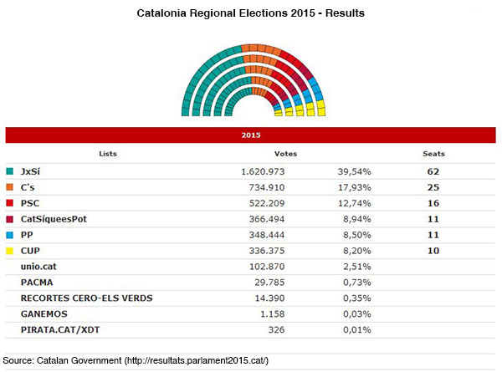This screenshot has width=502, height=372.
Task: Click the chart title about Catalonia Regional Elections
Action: [250, 14]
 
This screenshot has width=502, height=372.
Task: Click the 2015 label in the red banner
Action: [251, 134]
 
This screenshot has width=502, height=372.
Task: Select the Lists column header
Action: [108, 154]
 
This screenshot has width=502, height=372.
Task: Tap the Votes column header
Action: [285, 154]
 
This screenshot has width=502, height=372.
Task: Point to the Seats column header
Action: [433, 154]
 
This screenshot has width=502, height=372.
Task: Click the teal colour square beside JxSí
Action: [10, 171]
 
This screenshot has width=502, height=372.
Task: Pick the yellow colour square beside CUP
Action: [10, 249]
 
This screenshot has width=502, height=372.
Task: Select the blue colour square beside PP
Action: [10, 233]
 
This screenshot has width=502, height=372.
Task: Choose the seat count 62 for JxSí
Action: [433, 171]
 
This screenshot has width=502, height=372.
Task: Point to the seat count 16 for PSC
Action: [433, 202]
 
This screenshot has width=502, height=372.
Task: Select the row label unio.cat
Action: [39, 265]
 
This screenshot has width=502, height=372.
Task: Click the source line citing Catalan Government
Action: [136, 359]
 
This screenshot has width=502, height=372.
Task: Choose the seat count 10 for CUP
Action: [433, 249]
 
